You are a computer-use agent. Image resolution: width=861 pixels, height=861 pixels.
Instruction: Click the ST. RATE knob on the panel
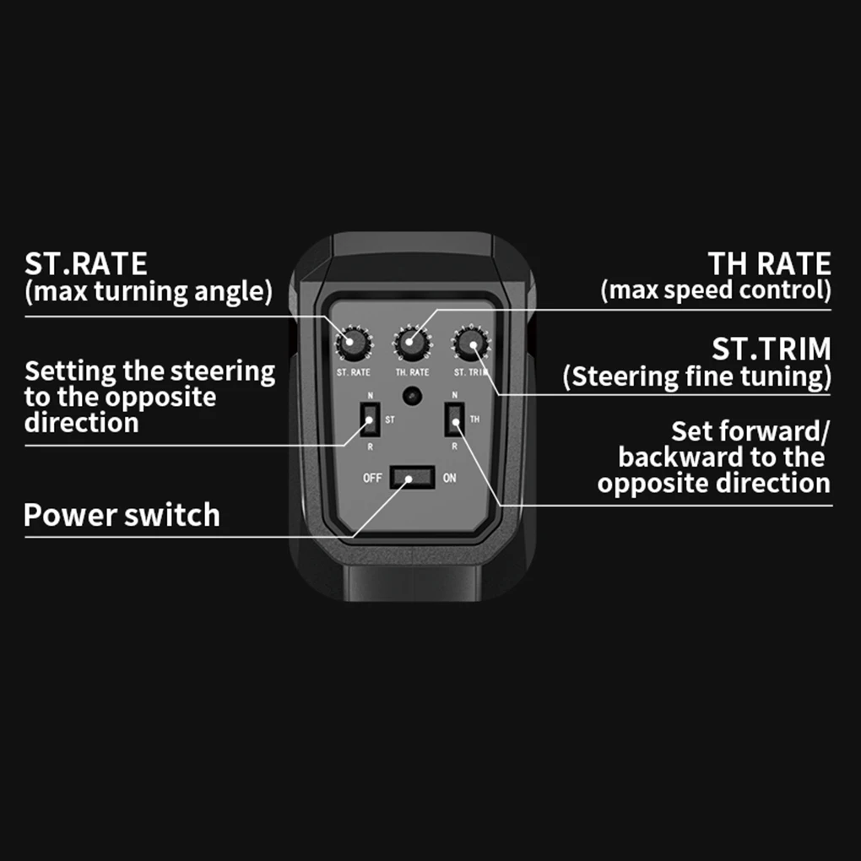[354, 344]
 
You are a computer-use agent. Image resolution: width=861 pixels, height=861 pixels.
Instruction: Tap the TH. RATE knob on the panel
[412, 344]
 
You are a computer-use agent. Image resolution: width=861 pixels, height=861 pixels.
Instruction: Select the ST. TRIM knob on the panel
[471, 344]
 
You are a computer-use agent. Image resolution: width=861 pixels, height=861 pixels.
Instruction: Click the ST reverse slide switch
[370, 420]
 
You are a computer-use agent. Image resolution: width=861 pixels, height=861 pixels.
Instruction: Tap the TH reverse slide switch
[455, 420]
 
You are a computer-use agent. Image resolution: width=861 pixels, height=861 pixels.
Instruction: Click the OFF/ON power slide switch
[413, 477]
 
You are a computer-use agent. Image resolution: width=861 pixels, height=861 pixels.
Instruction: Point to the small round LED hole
[412, 396]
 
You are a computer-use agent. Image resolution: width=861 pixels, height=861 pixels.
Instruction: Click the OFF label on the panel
[372, 478]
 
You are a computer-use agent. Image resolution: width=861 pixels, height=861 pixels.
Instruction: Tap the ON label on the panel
[450, 478]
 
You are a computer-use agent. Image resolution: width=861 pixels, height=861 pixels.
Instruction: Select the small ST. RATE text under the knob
[354, 372]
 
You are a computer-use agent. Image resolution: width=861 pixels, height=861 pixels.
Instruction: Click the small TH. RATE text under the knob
[413, 372]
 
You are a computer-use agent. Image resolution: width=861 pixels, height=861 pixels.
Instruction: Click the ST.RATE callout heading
[85, 263]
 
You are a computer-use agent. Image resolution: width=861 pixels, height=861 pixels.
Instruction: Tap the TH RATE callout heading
[769, 263]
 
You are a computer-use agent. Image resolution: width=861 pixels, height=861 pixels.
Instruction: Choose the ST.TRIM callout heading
[772, 349]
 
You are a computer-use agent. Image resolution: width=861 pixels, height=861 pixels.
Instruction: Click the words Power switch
[122, 515]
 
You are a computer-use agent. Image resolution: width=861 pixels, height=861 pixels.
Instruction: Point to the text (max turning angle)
[149, 291]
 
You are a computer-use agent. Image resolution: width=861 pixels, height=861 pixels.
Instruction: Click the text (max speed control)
[716, 290]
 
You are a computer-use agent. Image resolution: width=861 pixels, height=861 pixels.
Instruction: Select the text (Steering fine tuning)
[697, 376]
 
